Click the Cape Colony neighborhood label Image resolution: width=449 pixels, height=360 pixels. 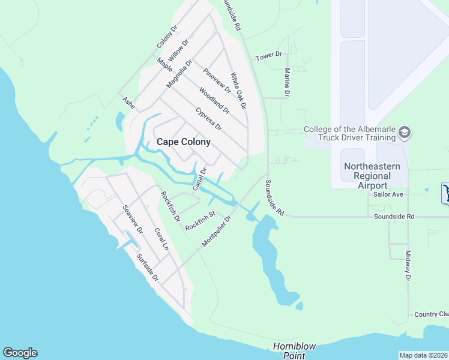pyautogui.click(x=183, y=142)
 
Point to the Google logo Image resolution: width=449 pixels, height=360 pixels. pyautogui.click(x=20, y=353)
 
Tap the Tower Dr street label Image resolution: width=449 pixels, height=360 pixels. pyautogui.click(x=268, y=56)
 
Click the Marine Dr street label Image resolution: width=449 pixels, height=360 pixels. pyautogui.click(x=286, y=83)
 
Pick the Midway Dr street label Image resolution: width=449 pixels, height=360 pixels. pyautogui.click(x=407, y=266)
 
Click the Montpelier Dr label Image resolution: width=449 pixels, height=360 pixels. pyautogui.click(x=217, y=230)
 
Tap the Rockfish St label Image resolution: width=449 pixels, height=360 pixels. pyautogui.click(x=200, y=220)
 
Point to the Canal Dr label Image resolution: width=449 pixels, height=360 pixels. pyautogui.click(x=199, y=179)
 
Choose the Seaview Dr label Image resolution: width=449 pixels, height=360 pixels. pyautogui.click(x=132, y=220)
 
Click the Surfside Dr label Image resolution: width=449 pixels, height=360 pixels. pyautogui.click(x=147, y=268)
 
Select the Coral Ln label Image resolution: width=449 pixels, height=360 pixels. pyautogui.click(x=160, y=241)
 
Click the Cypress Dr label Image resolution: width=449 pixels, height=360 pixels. pyautogui.click(x=209, y=119)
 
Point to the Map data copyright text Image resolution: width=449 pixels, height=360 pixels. pyautogui.click(x=424, y=355)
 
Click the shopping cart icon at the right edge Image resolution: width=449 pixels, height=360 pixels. pyautogui.click(x=445, y=193)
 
